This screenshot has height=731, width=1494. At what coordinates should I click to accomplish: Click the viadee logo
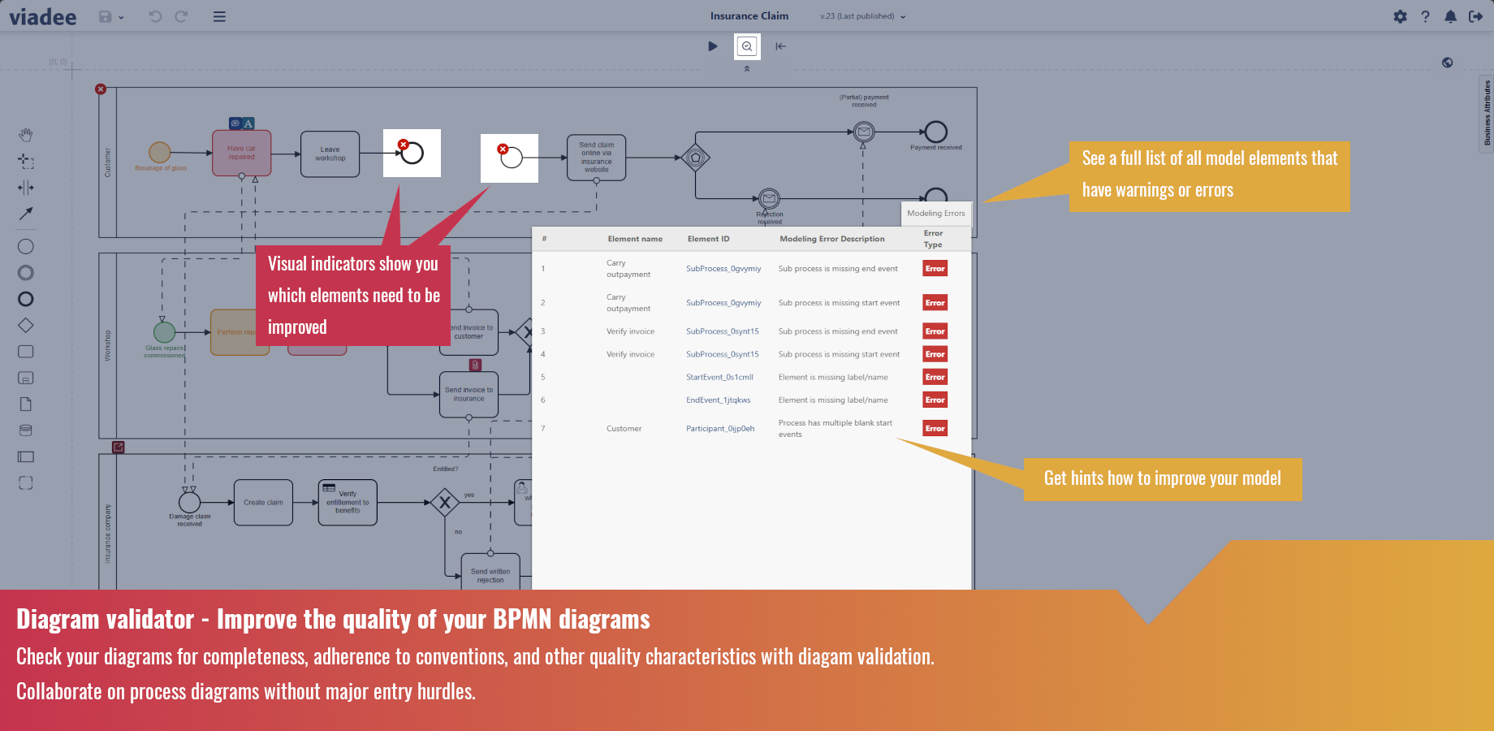(x=43, y=16)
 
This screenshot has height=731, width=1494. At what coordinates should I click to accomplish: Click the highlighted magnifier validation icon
(x=747, y=46)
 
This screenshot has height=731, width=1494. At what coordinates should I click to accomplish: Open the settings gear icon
(x=1400, y=16)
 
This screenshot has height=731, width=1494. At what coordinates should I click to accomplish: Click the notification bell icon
(x=1450, y=16)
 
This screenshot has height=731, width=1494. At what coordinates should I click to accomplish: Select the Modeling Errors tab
(x=935, y=214)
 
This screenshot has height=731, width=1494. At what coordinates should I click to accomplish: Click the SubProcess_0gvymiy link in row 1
(x=723, y=269)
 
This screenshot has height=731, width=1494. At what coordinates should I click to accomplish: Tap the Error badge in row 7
(x=935, y=429)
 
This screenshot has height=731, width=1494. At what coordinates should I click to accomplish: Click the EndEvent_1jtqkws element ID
(x=718, y=400)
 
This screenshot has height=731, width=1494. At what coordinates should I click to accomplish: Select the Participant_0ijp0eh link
(x=719, y=429)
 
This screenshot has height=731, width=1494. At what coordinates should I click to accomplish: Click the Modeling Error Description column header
(x=831, y=239)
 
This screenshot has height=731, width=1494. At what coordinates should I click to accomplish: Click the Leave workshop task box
(x=330, y=154)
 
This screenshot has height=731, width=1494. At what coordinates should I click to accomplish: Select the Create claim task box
(x=263, y=502)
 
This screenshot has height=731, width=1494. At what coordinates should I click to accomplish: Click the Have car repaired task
(x=241, y=153)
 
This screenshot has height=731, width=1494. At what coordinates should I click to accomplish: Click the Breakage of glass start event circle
(x=159, y=152)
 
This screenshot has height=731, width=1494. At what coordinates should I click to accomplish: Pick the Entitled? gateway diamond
(x=444, y=503)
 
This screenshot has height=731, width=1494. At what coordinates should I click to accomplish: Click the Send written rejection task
(x=490, y=574)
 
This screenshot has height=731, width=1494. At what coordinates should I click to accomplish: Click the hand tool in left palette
(x=26, y=135)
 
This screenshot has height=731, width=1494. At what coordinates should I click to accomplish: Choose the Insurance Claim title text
(x=749, y=16)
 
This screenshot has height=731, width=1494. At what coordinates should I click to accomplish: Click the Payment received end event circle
(x=935, y=132)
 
